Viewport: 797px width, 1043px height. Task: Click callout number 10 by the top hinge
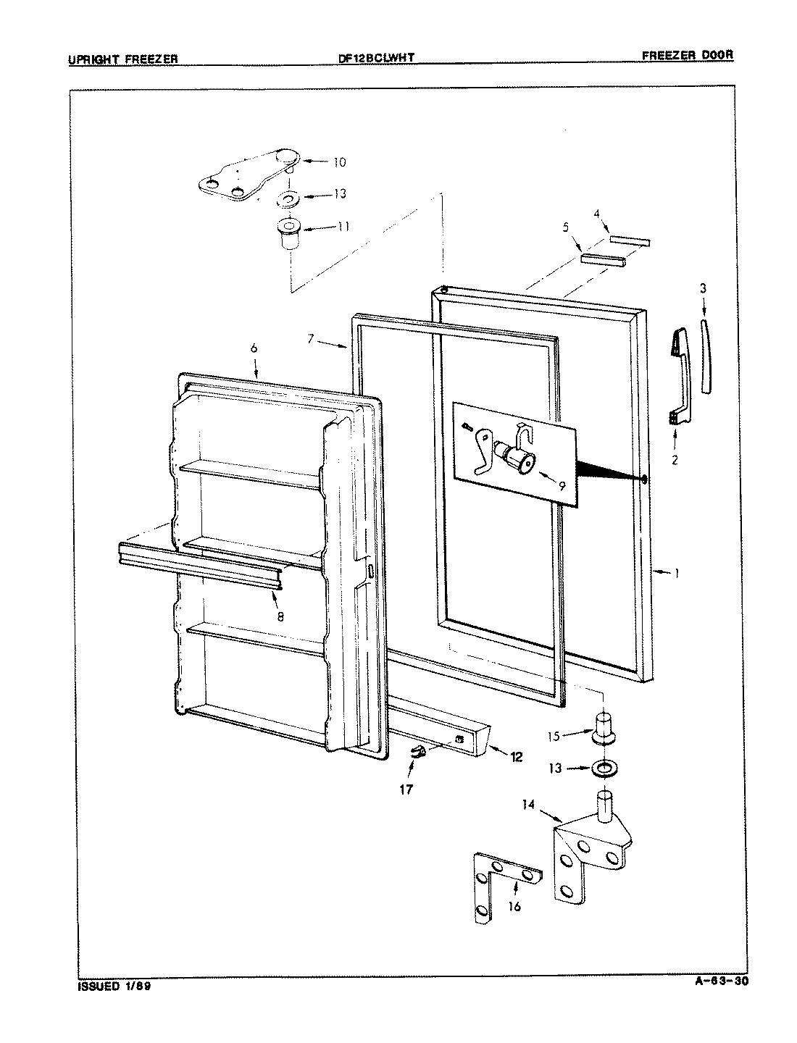click(x=340, y=162)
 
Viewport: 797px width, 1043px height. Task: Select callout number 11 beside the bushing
click(x=343, y=227)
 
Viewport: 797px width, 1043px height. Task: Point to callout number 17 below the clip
click(x=406, y=789)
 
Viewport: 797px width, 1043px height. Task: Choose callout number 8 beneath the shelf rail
click(x=280, y=616)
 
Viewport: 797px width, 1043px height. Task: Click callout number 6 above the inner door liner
click(x=254, y=349)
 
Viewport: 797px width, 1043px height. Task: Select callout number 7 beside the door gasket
click(x=310, y=338)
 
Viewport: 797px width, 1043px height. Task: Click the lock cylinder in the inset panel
click(x=518, y=458)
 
